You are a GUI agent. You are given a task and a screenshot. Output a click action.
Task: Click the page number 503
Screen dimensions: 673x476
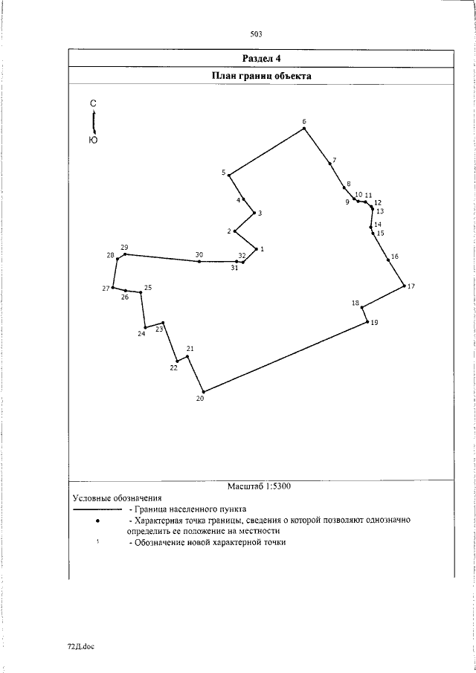click(257, 33)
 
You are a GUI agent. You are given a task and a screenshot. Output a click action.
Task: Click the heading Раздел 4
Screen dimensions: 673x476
click(261, 58)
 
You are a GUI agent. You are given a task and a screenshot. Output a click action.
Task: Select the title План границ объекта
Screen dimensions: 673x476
click(261, 76)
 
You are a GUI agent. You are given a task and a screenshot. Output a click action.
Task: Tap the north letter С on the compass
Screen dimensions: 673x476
click(93, 104)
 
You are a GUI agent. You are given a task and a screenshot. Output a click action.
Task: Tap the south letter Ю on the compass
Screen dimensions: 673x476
click(93, 140)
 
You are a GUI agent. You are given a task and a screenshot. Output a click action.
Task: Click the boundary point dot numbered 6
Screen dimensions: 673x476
click(304, 129)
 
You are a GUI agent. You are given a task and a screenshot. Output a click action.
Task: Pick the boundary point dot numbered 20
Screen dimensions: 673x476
click(203, 391)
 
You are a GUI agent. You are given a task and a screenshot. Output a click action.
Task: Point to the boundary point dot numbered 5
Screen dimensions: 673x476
click(228, 175)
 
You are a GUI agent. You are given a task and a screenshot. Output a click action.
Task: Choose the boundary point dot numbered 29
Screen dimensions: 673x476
click(125, 254)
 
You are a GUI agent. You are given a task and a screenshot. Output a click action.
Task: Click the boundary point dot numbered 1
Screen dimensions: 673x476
click(256, 249)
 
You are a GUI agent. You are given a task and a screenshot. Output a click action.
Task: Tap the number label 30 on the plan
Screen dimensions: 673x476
click(199, 255)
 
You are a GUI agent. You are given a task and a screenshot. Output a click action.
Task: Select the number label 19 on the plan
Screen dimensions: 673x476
click(373, 322)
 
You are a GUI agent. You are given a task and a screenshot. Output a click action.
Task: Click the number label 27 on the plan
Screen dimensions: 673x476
click(106, 288)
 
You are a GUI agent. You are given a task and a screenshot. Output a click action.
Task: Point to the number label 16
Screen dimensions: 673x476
click(394, 257)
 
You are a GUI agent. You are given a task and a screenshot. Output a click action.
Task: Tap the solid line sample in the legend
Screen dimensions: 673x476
click(97, 509)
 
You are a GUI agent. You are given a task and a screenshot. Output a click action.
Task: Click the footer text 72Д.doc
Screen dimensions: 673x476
click(81, 646)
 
